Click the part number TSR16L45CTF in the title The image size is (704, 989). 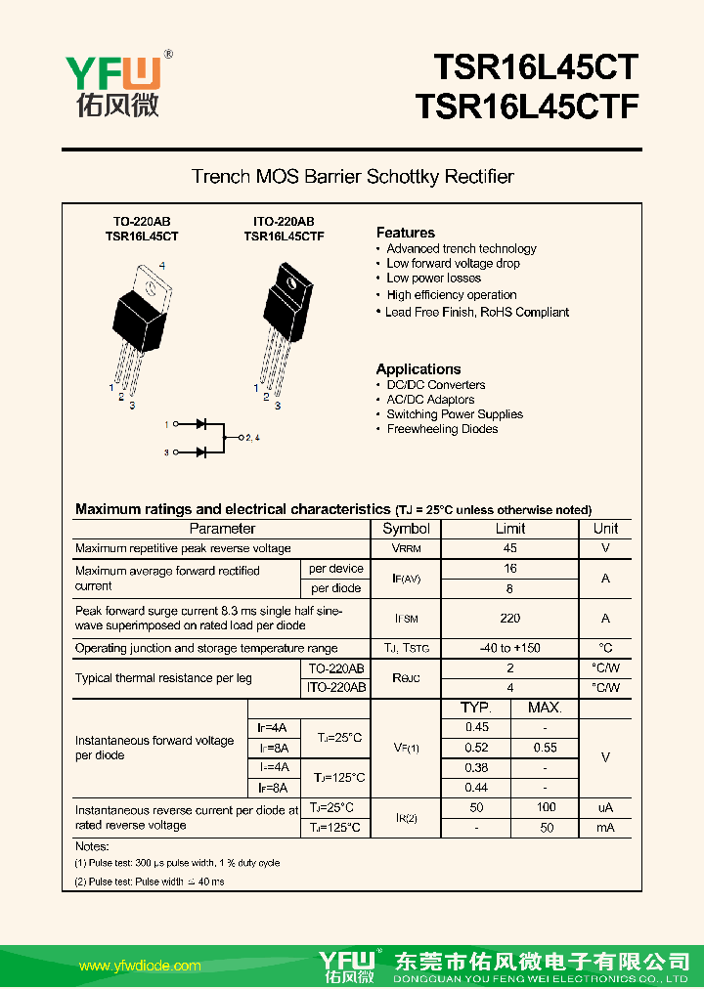pyautogui.click(x=527, y=107)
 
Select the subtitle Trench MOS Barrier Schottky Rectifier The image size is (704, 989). pyautogui.click(x=352, y=177)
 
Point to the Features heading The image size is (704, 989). pyautogui.click(x=406, y=233)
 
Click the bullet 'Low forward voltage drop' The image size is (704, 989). pyautogui.click(x=453, y=263)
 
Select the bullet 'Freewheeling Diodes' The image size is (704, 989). pyautogui.click(x=442, y=429)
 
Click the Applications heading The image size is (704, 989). pyautogui.click(x=418, y=369)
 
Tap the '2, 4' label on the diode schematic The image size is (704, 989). pyautogui.click(x=251, y=438)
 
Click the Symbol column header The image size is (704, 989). pyautogui.click(x=406, y=529)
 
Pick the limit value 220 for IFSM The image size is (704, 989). pyautogui.click(x=509, y=618)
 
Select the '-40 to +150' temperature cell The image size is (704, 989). pyautogui.click(x=509, y=648)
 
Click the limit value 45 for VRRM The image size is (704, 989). pyautogui.click(x=509, y=548)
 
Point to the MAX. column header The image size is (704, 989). pyautogui.click(x=545, y=708)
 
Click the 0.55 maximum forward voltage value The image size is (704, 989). pyautogui.click(x=545, y=748)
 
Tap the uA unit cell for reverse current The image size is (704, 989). pyautogui.click(x=605, y=807)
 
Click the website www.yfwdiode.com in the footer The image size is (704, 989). pyautogui.click(x=140, y=966)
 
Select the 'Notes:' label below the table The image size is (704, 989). pyautogui.click(x=92, y=846)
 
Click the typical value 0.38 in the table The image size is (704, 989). pyautogui.click(x=476, y=767)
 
